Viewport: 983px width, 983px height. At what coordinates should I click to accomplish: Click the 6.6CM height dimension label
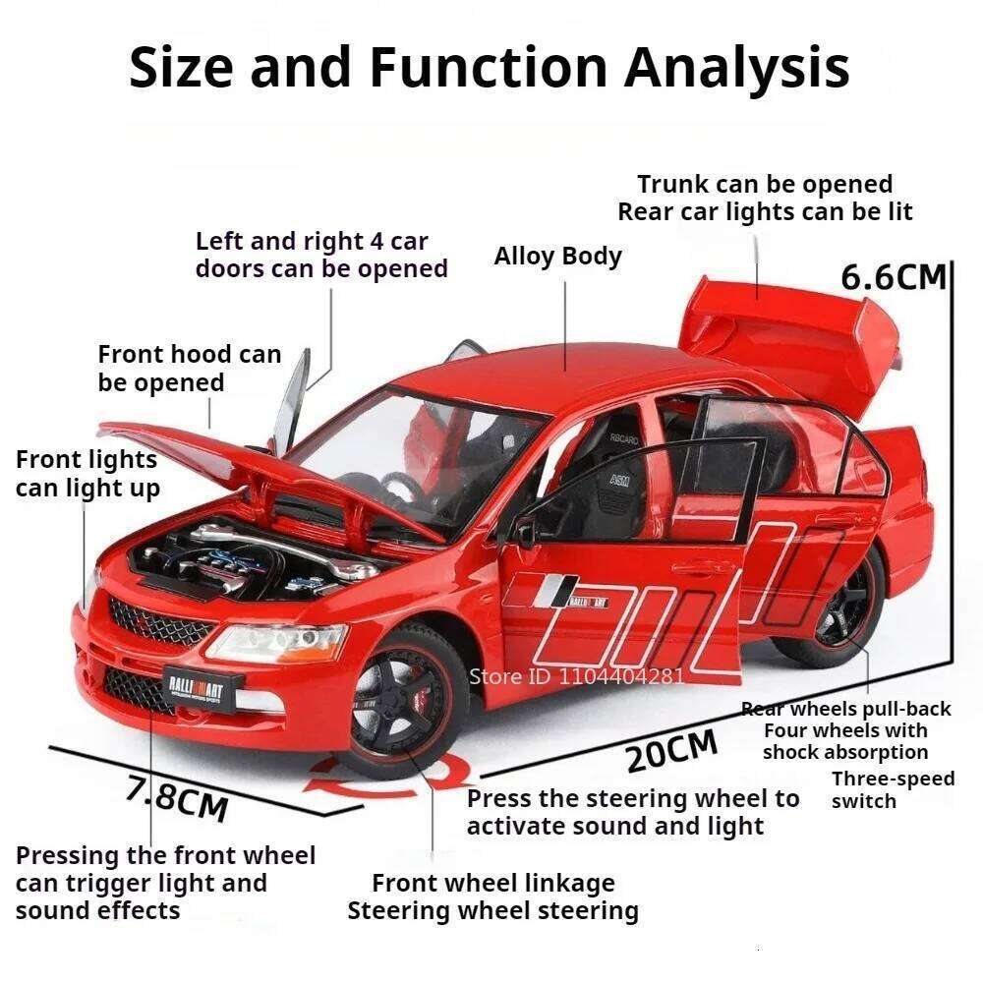point(893,277)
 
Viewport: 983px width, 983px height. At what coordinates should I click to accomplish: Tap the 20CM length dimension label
point(673,754)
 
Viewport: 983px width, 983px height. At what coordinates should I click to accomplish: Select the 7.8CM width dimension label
point(177,797)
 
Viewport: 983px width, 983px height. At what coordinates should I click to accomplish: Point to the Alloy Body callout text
point(557,257)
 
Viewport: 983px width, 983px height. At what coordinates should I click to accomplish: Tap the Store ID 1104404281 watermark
point(576,675)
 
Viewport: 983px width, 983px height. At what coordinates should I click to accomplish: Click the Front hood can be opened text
point(189,368)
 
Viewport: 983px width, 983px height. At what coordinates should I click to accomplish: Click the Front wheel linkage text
point(492,883)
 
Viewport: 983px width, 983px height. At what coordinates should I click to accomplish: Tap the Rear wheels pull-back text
point(845,709)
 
